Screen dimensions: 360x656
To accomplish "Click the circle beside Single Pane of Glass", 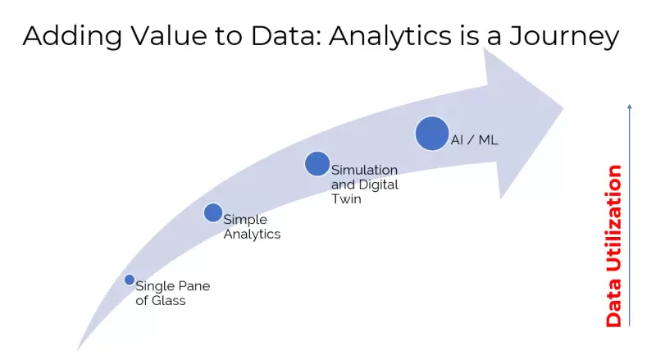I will (129, 280).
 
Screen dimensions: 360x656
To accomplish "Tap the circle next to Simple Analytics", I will (212, 213).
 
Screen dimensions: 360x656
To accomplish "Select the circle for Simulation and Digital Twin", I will (317, 164).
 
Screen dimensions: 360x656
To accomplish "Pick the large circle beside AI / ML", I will (432, 134).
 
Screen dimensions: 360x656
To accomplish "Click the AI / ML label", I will (475, 140).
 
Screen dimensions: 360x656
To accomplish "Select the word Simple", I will (245, 220).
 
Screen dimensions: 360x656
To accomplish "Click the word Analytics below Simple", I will (252, 235).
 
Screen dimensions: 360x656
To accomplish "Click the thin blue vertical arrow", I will (629, 213).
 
